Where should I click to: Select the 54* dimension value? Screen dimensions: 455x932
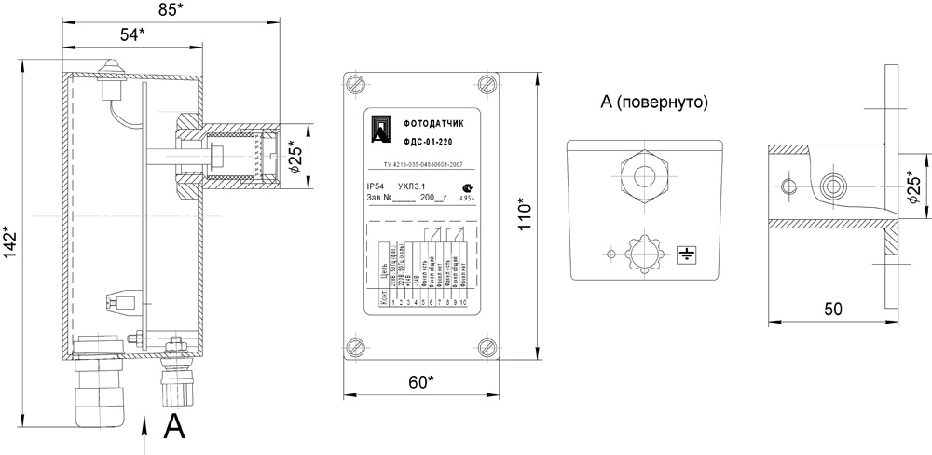(133, 34)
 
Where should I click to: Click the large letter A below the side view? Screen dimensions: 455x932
(174, 428)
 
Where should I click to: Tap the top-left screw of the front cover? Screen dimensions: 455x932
(354, 84)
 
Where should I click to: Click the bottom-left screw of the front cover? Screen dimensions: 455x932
(354, 350)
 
